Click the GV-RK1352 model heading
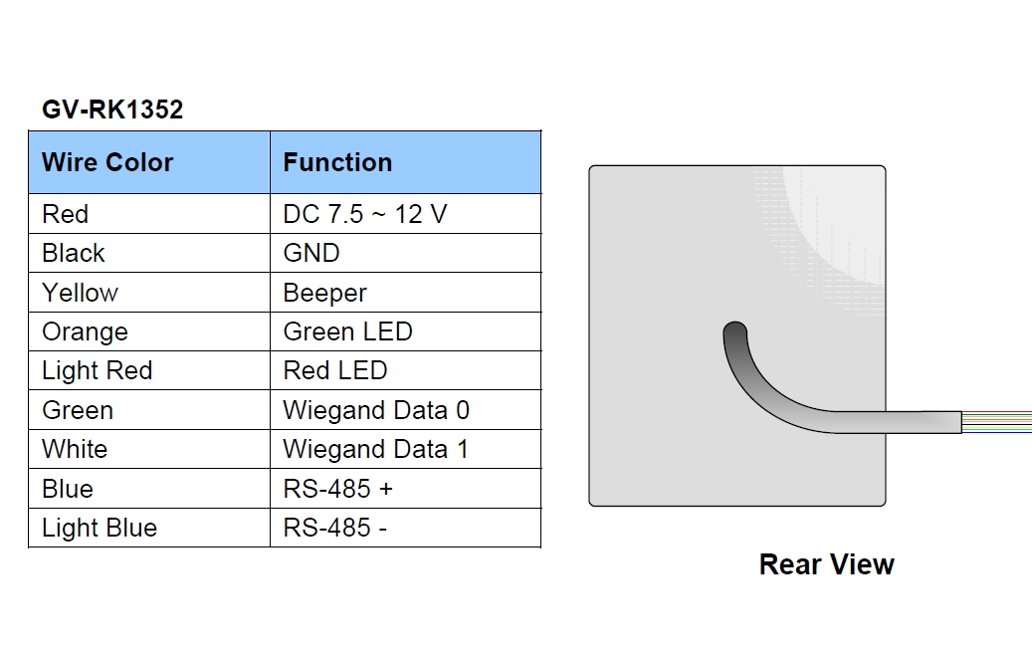pyautogui.click(x=112, y=109)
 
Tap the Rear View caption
pyautogui.click(x=827, y=564)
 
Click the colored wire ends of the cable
pyautogui.click(x=996, y=422)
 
